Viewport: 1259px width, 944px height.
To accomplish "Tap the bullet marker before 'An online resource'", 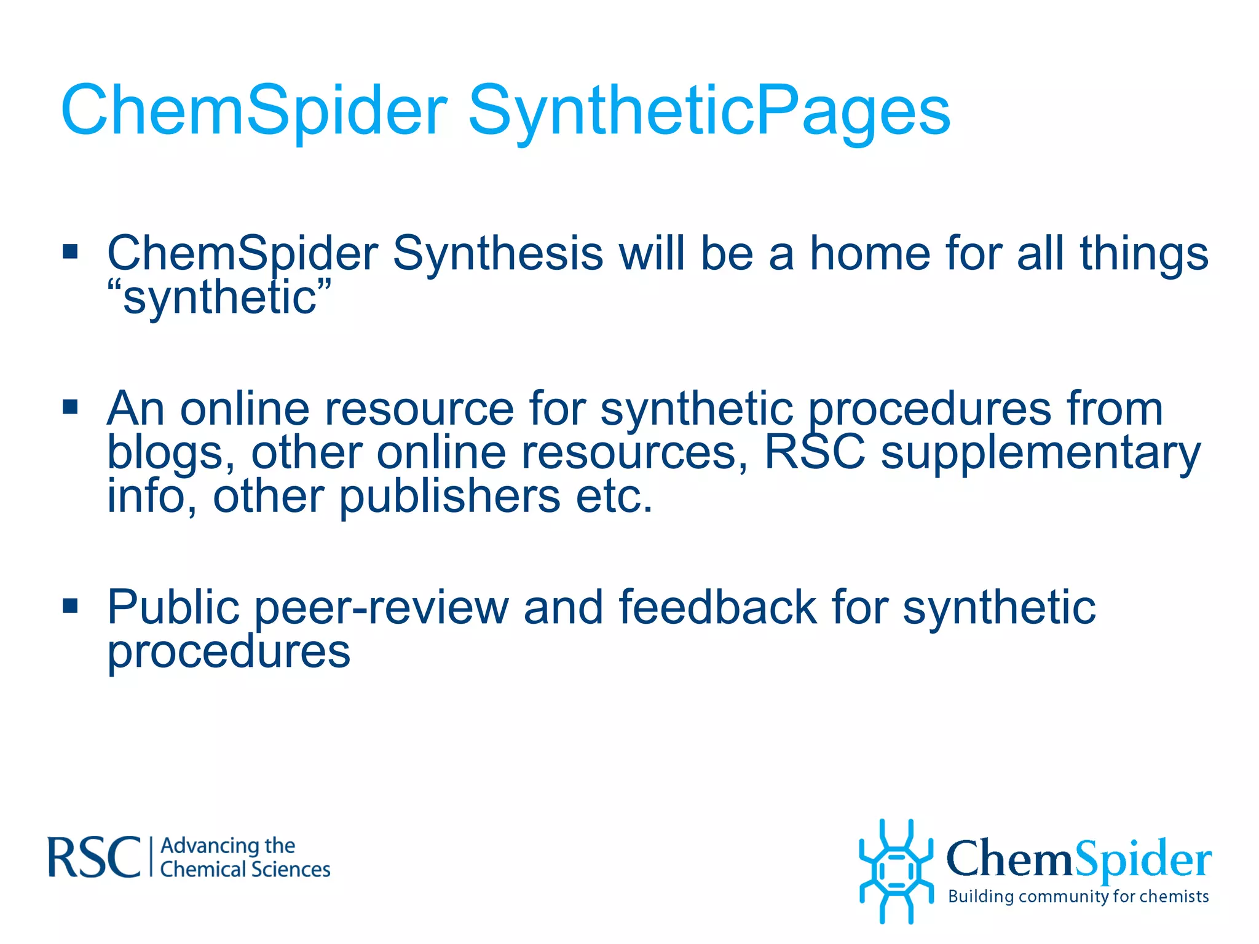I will [x=71, y=406].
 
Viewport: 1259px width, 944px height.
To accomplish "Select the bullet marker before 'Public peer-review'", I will [x=71, y=605].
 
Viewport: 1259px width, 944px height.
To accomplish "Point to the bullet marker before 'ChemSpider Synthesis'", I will [x=71, y=251].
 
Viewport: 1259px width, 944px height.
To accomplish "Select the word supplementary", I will [x=1040, y=454].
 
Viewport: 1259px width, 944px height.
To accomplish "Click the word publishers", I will [x=449, y=497].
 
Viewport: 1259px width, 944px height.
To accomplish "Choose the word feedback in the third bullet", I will [x=717, y=607].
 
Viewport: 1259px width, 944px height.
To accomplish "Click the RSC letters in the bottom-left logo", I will [x=94, y=857].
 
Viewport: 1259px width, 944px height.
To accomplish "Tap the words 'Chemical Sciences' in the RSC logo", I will [x=245, y=870].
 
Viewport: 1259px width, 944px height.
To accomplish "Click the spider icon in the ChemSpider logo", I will [x=896, y=871].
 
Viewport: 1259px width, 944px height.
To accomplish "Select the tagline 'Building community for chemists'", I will [x=1078, y=897].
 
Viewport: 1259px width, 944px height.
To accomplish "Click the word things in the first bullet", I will [x=1144, y=253].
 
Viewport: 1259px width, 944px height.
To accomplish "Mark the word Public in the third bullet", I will [x=173, y=607].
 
